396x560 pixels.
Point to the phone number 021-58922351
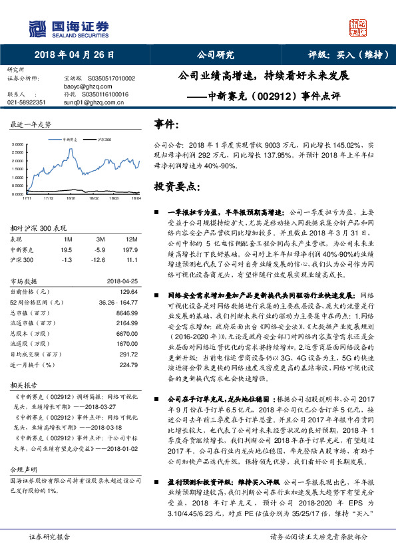tap(27, 102)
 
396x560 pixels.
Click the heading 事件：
tap(166, 124)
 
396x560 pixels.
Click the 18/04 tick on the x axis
tap(136, 198)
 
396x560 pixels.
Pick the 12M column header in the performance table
tap(131, 238)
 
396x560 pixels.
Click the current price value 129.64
tap(128, 291)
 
